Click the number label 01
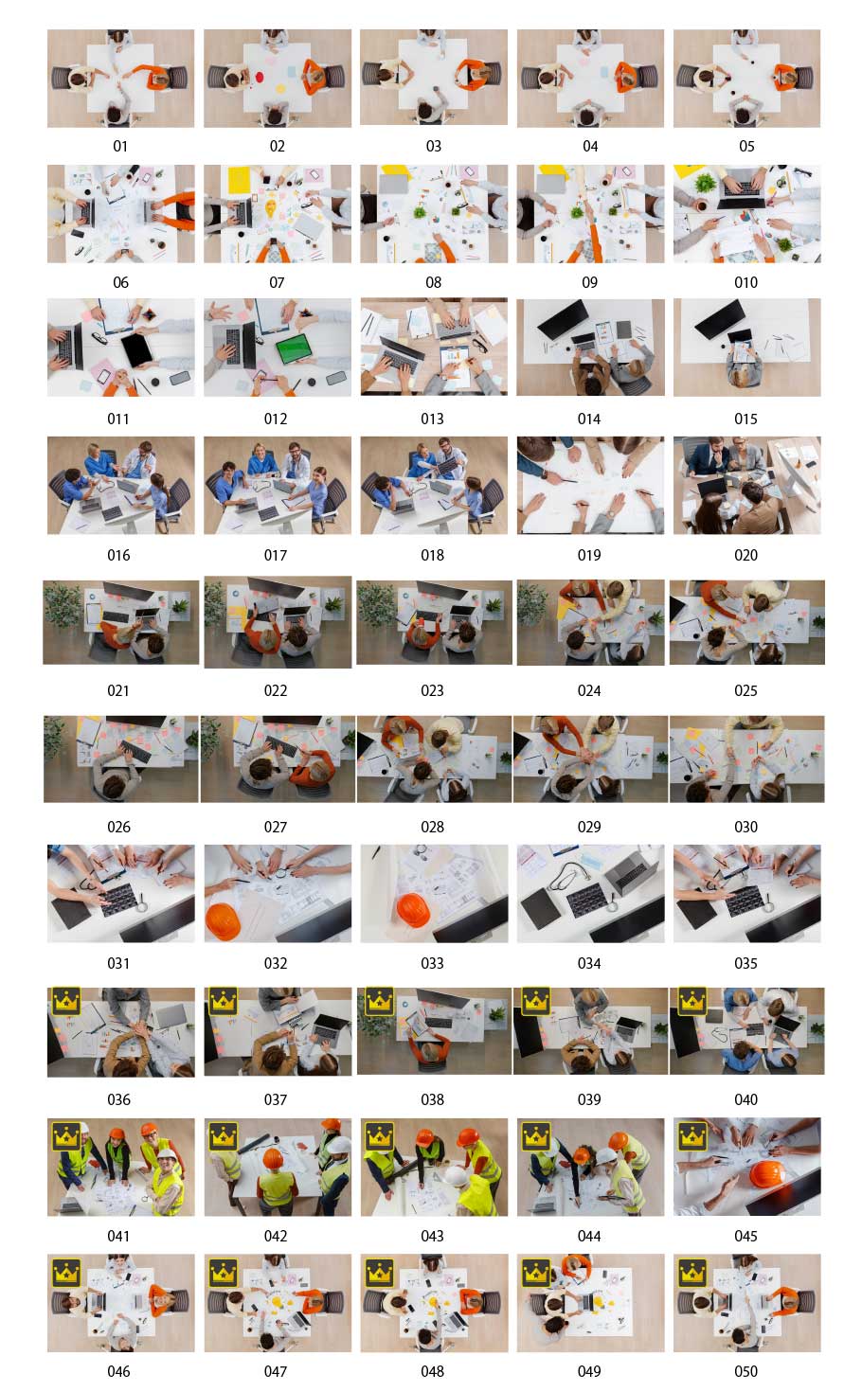[120, 146]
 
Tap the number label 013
[432, 419]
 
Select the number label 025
[745, 690]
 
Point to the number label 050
[745, 1371]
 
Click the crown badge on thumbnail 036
[66, 1001]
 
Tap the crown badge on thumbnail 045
[691, 1136]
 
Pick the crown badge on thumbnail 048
[379, 1272]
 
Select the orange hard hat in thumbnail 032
[224, 921]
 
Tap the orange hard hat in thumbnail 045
[768, 1175]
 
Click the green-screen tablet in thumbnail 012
[294, 349]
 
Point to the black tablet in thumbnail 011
[137, 349]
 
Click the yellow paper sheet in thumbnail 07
[239, 180]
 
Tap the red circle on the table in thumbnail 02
[260, 78]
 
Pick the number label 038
[432, 1099]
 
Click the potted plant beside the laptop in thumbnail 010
[705, 184]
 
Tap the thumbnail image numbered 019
[590, 485]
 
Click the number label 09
[589, 283]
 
